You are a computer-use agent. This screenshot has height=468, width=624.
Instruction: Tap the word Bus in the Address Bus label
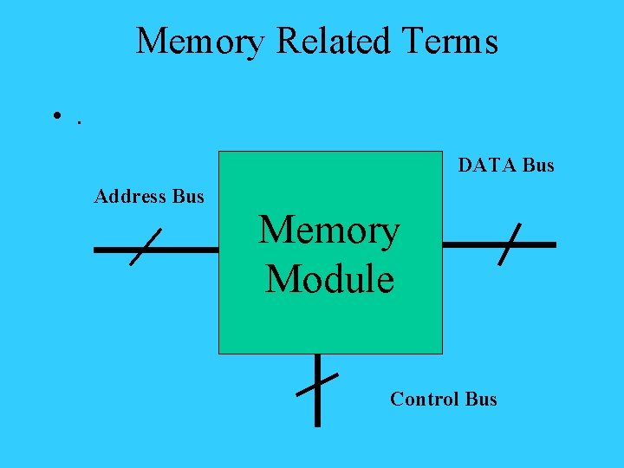tap(188, 197)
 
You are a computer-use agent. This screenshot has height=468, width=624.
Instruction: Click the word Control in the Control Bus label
tap(424, 400)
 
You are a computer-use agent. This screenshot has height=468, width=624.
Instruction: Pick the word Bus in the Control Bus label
tap(481, 400)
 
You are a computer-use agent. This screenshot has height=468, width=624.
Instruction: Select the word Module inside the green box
tap(329, 280)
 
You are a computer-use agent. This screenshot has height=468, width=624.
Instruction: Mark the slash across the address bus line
tap(146, 247)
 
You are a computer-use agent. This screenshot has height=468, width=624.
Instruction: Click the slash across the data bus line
tap(510, 244)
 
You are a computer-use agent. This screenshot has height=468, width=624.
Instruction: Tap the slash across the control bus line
tap(317, 384)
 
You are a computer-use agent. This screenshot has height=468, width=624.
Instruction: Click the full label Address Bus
tap(149, 197)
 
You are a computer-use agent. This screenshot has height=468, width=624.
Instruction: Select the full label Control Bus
tap(444, 400)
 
